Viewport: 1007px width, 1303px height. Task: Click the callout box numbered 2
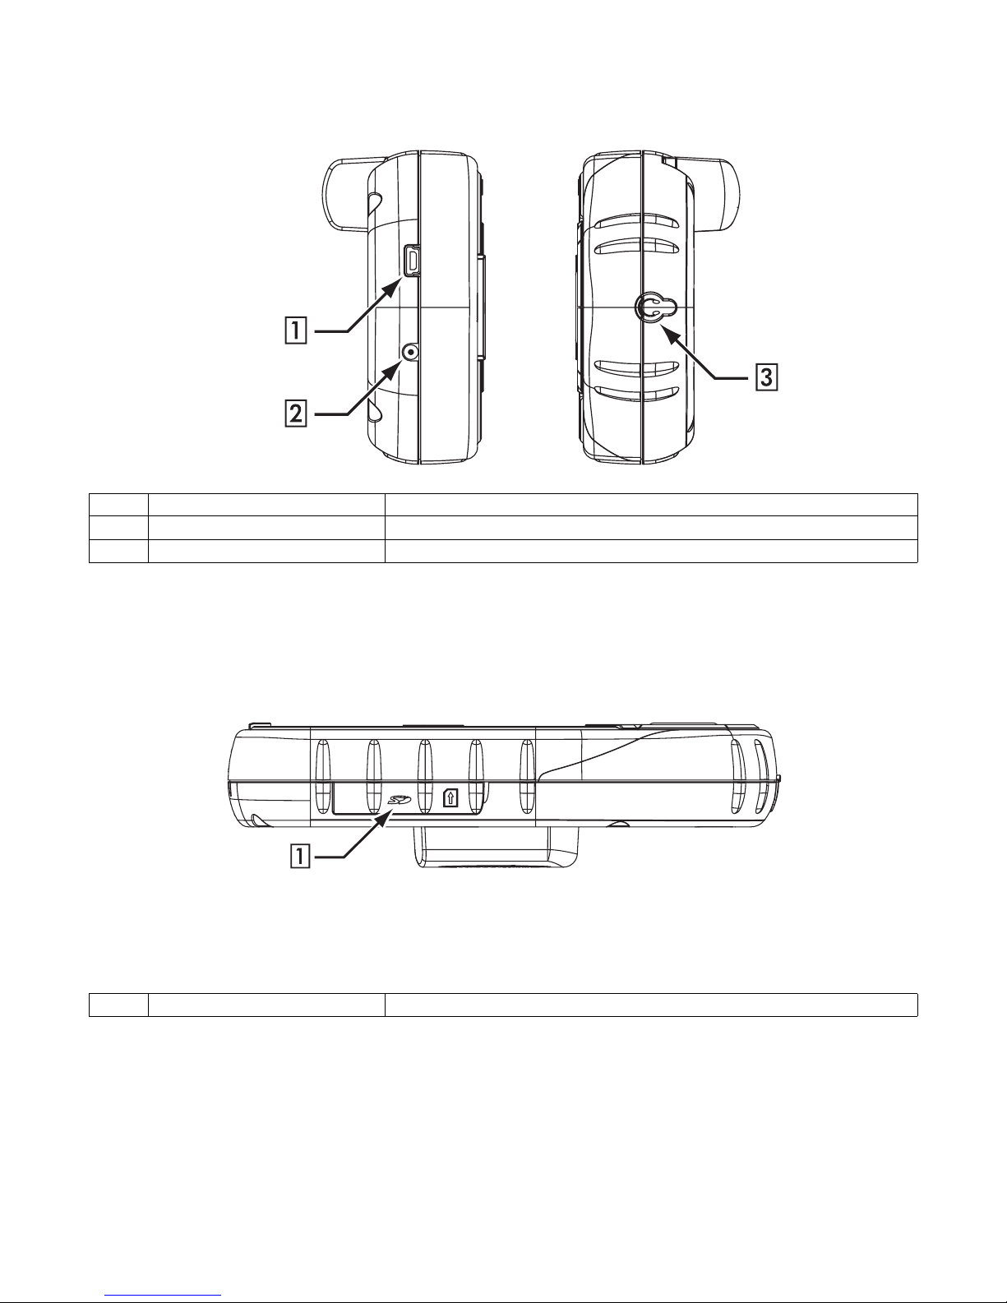295,414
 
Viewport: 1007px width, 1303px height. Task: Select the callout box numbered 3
767,378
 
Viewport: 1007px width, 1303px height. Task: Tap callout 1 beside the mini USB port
295,331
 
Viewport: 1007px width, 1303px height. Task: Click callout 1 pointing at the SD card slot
300,855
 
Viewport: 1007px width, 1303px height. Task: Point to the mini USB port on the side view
412,261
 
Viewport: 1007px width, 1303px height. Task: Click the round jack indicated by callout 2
410,353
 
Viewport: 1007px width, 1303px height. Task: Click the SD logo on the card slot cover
400,800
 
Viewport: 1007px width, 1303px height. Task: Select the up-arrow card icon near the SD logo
450,797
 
